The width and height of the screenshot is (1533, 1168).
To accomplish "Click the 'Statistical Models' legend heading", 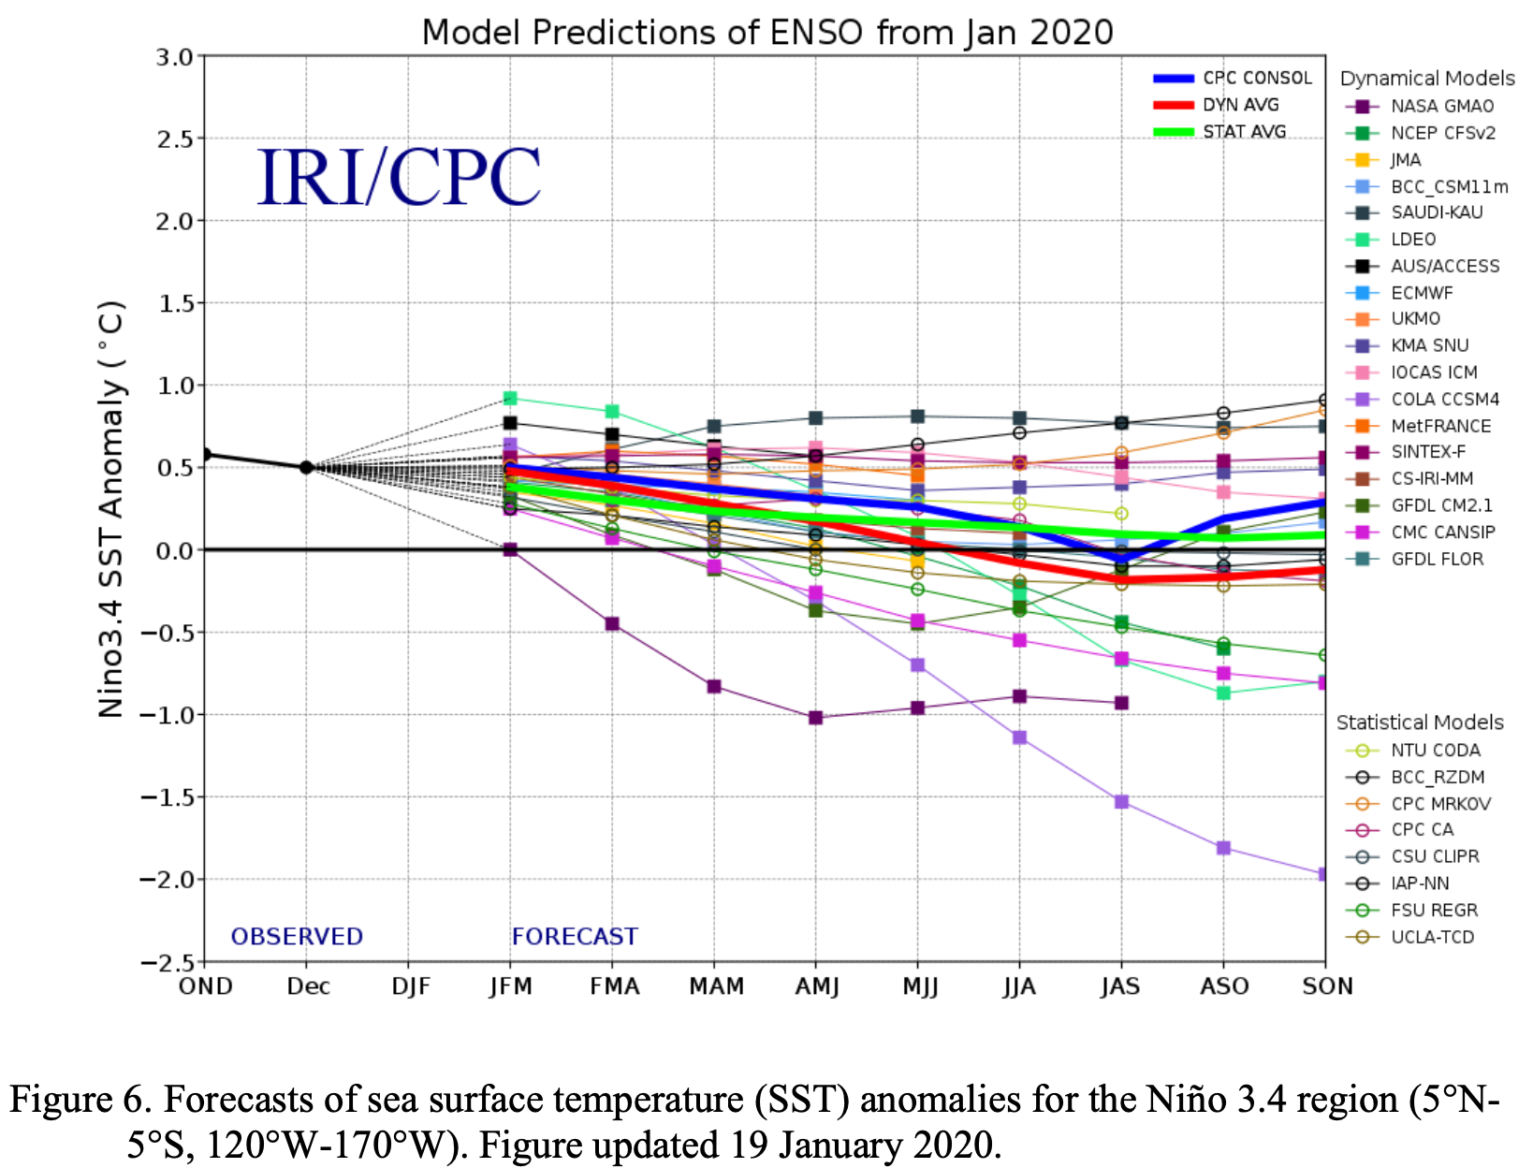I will click(x=1419, y=723).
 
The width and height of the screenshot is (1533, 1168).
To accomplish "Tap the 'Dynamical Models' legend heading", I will click(x=1426, y=79).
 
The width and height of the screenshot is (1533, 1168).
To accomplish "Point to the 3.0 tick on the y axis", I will click(x=174, y=57).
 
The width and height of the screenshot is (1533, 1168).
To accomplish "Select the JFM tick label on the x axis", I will click(x=510, y=986).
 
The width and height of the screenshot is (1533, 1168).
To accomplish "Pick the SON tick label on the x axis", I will click(x=1327, y=986).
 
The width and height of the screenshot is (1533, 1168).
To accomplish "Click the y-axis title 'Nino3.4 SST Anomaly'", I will click(x=111, y=509).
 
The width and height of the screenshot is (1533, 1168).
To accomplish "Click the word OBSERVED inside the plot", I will click(x=297, y=937).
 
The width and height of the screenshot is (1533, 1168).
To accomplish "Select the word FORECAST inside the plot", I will click(x=575, y=937).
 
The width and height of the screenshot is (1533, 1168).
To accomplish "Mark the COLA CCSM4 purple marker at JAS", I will click(x=1121, y=802).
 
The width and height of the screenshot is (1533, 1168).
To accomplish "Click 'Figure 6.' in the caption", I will click(x=70, y=1099).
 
